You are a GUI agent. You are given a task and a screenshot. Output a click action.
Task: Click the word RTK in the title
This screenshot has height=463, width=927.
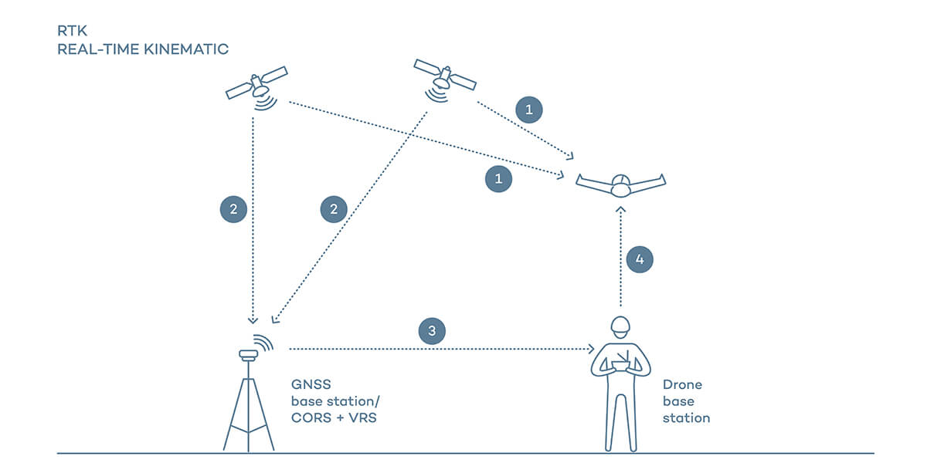[70, 32]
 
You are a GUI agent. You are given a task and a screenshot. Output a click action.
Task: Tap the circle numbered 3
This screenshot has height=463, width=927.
[432, 332]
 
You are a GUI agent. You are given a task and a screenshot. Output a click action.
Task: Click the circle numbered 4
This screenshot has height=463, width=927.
[639, 259]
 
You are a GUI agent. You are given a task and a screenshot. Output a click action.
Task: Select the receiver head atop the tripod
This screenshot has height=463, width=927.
[247, 354]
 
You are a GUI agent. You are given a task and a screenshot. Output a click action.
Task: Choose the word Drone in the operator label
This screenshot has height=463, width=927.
[682, 384]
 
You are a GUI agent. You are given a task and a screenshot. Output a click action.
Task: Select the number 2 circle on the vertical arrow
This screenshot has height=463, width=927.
[233, 208]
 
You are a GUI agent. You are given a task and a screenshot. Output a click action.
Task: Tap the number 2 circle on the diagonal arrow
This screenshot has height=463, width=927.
[334, 208]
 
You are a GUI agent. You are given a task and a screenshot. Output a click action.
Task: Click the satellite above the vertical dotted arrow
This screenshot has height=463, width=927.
[257, 85]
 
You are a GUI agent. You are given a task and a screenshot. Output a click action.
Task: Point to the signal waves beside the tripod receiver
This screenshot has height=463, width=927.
[265, 343]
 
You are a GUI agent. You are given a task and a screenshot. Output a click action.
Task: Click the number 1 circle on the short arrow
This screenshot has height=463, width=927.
[529, 110]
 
